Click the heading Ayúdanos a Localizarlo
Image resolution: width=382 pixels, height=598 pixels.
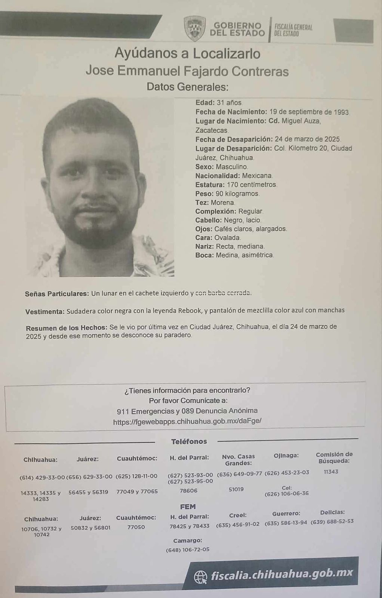click(x=187, y=54)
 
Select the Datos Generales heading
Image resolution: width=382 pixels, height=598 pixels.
click(x=187, y=87)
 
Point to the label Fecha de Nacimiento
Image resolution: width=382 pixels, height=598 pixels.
click(x=231, y=112)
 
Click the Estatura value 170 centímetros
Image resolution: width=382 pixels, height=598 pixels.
click(x=252, y=185)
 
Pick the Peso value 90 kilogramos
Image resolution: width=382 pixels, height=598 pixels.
click(x=237, y=194)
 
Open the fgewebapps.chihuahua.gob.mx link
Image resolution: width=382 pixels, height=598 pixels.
click(x=187, y=421)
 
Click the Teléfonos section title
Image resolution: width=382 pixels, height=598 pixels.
click(x=189, y=441)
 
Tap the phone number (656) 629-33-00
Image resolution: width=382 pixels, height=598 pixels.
click(x=89, y=477)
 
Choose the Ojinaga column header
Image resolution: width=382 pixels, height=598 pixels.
click(x=286, y=455)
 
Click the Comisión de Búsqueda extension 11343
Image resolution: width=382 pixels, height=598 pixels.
click(x=331, y=472)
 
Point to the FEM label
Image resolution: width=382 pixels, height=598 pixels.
click(x=188, y=506)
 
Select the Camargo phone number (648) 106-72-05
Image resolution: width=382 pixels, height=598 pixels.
click(x=188, y=549)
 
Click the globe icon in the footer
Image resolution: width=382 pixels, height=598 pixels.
click(x=201, y=576)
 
